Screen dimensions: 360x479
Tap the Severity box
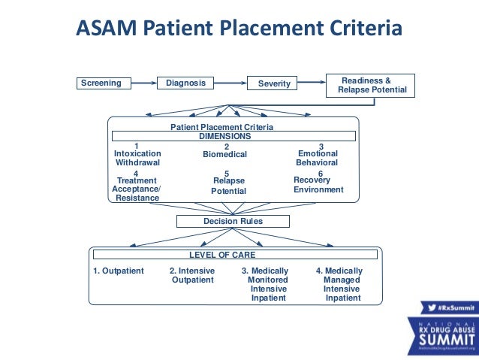[273, 83]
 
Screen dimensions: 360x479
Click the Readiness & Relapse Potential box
[369, 85]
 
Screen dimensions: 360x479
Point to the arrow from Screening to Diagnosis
[144, 83]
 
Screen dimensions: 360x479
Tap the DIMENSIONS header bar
[234, 137]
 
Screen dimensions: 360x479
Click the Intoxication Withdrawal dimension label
[137, 157]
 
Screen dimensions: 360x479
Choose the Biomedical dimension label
[225, 154]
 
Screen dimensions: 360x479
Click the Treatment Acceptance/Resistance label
[137, 189]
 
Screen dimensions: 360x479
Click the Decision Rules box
[233, 221]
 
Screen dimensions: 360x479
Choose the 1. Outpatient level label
[119, 271]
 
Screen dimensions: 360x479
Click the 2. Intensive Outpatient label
[193, 275]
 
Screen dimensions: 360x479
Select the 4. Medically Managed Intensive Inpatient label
[341, 284]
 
